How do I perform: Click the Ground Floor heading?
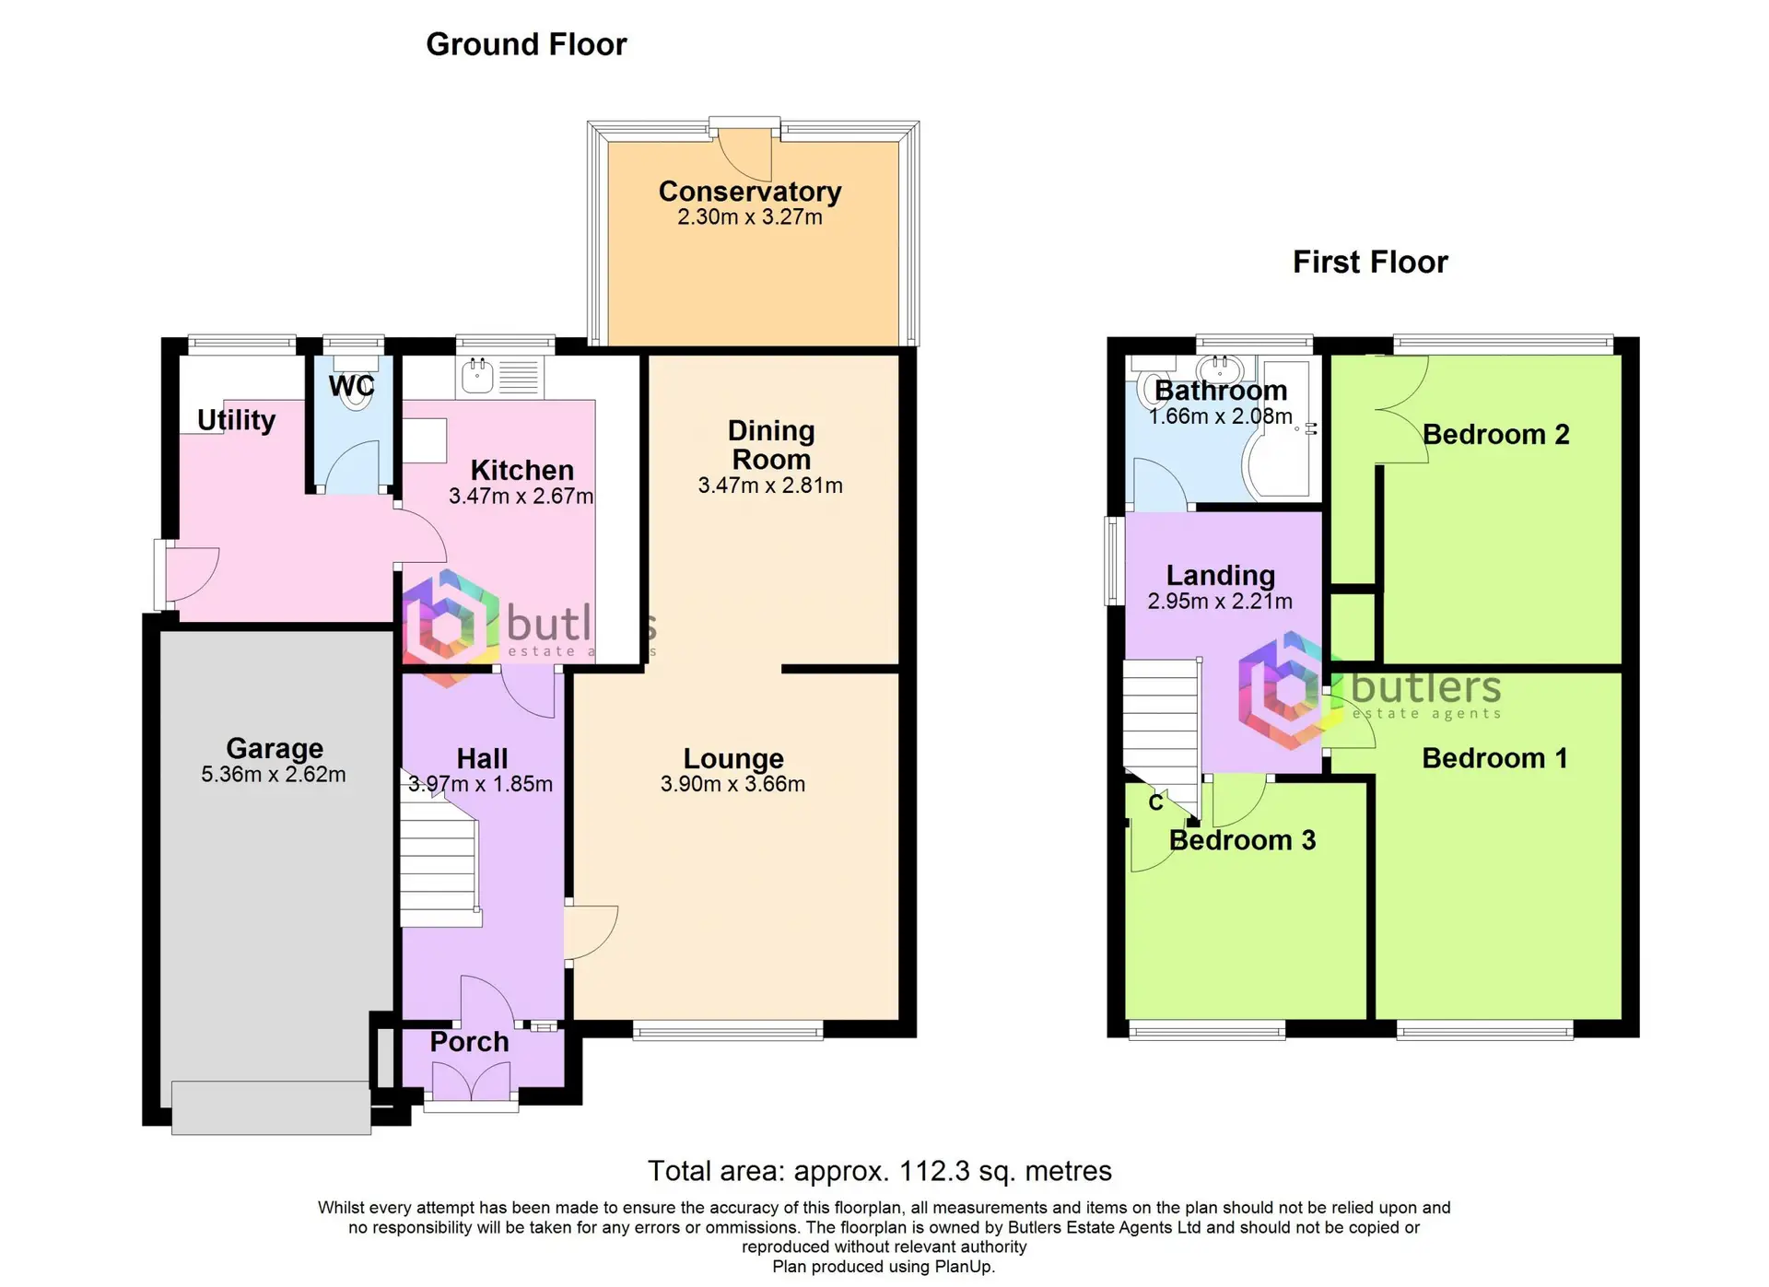coord(526,44)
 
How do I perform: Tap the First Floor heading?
coord(1370,263)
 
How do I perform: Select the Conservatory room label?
coord(750,191)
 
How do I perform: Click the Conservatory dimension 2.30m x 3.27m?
coord(750,217)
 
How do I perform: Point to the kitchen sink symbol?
coord(478,376)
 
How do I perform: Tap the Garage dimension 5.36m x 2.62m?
coord(274,775)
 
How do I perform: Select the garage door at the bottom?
coord(271,1107)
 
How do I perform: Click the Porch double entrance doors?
coord(470,1082)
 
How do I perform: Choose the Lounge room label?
coord(733,758)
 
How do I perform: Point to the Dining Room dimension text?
coord(770,486)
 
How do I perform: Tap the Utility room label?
coord(237,420)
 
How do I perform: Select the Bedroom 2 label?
coord(1495,434)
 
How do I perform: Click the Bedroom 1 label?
coord(1494,758)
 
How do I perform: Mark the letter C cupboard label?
coord(1155,803)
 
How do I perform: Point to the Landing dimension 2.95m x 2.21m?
coord(1220,602)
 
